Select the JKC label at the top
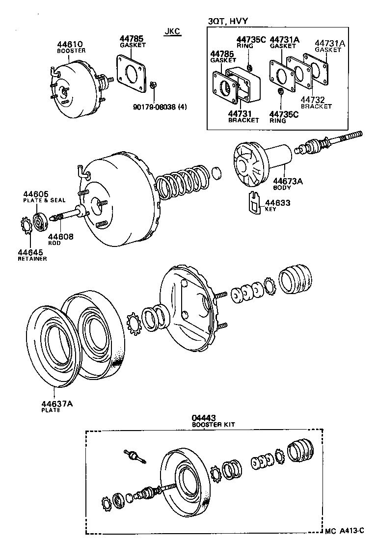pos(172,32)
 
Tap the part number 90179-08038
pos(155,106)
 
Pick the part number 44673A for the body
pos(288,181)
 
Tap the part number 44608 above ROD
pos(60,237)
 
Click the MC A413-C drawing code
pos(345,530)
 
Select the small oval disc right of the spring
pos(216,173)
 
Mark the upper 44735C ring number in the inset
pos(251,39)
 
